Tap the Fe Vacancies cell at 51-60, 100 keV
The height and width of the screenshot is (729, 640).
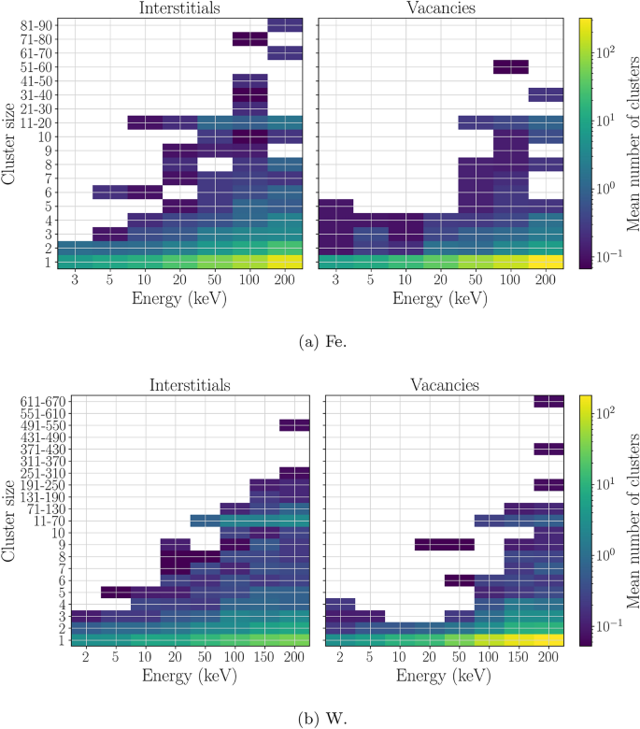point(511,66)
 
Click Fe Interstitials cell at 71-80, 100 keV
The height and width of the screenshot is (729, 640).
point(249,39)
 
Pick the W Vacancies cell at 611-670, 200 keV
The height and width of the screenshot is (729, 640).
point(548,402)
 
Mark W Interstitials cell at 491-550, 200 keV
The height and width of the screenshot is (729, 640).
point(294,425)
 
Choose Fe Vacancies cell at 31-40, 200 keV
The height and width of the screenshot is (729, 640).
point(546,94)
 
